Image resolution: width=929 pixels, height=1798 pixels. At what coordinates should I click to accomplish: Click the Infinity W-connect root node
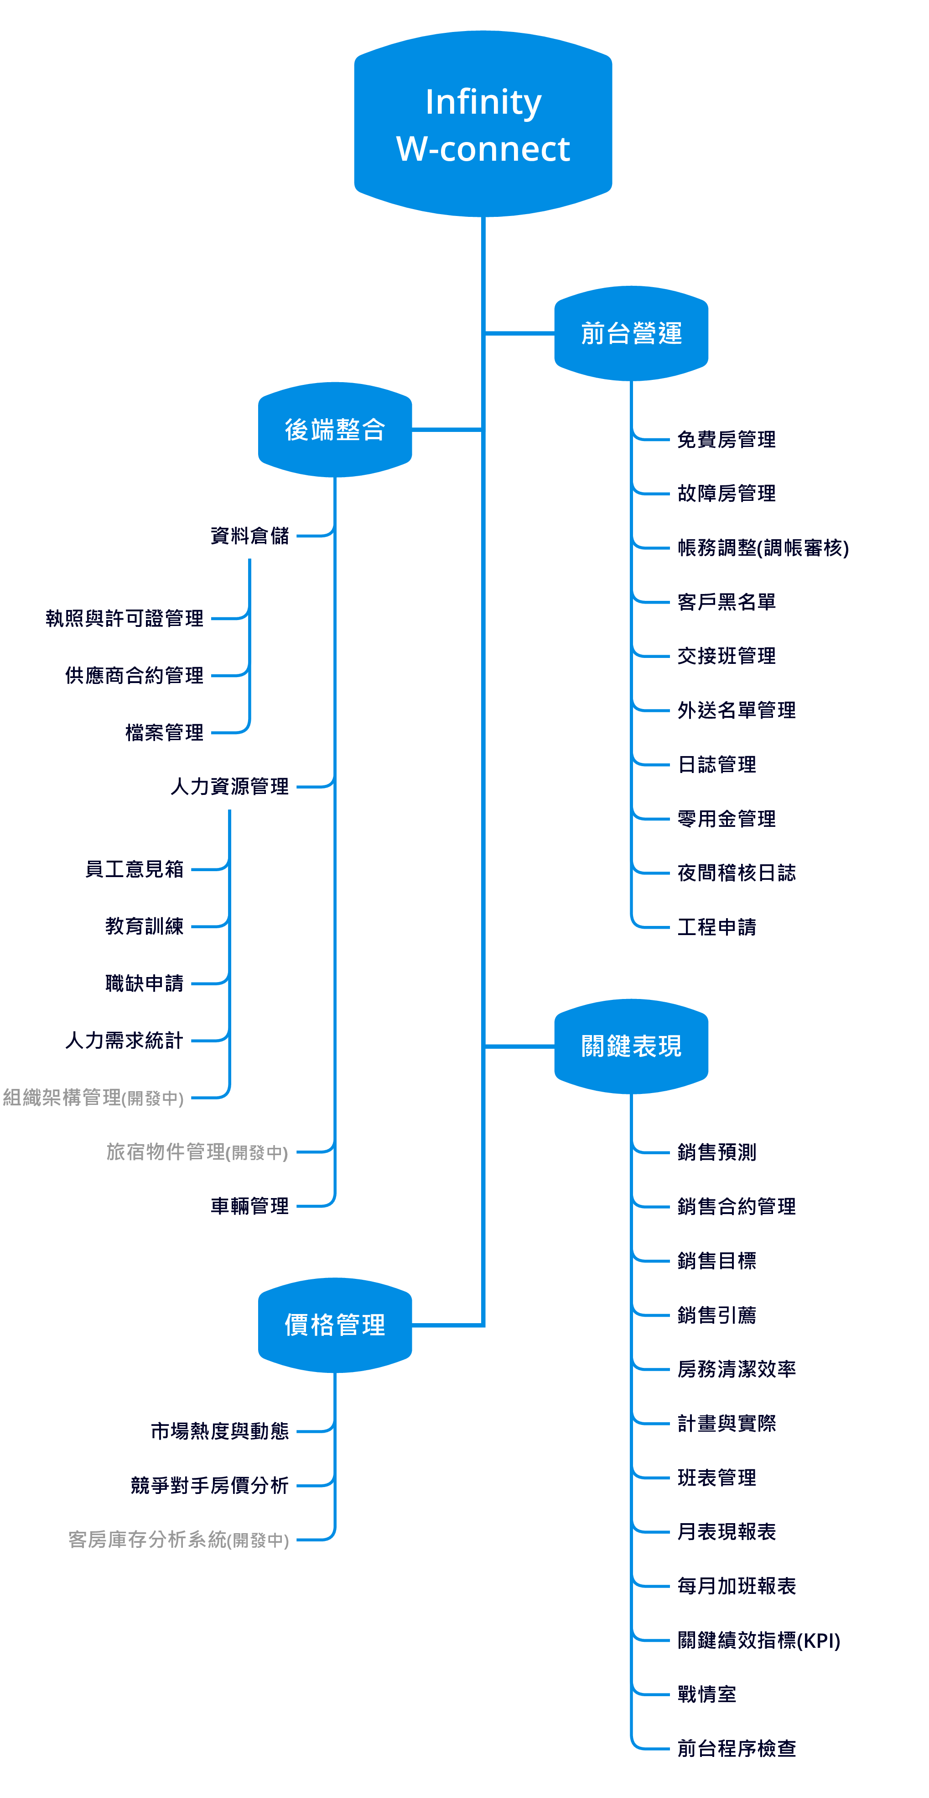click(483, 124)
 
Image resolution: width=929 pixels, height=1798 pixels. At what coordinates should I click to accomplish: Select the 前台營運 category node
click(631, 333)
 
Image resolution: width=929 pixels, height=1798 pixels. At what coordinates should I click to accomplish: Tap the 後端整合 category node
click(335, 429)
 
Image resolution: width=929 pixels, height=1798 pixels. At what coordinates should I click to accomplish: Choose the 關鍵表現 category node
click(631, 1046)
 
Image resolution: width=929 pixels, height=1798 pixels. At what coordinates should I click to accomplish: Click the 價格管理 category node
click(335, 1324)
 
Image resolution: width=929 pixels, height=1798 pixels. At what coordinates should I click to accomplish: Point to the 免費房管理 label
click(726, 439)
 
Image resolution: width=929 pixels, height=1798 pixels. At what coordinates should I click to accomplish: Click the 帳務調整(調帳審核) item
click(763, 547)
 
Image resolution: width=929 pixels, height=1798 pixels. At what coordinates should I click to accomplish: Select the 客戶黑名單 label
click(726, 602)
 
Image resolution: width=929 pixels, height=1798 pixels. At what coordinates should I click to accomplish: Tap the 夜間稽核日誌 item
click(736, 873)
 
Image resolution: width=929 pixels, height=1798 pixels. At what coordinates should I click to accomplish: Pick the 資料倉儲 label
click(249, 536)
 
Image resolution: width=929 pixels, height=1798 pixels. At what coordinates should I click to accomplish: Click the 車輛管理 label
click(249, 1205)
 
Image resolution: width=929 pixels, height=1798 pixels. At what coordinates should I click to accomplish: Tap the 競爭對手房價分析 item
click(209, 1485)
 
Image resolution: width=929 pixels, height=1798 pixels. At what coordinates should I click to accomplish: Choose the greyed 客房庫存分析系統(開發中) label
click(178, 1539)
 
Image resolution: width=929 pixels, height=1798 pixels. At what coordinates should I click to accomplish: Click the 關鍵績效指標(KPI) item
click(758, 1640)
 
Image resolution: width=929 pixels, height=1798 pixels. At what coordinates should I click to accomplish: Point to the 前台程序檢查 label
click(736, 1748)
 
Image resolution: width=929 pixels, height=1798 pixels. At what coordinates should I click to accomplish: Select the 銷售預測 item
click(716, 1151)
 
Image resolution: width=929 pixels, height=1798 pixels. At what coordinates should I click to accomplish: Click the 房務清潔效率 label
click(736, 1369)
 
